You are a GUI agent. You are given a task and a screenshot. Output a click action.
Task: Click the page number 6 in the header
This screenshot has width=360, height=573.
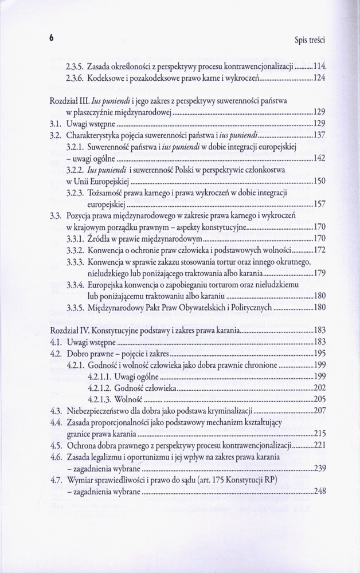point(51,38)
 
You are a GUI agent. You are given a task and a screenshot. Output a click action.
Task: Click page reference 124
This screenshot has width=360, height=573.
point(320,77)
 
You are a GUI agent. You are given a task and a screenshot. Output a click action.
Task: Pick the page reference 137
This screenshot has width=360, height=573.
point(320,135)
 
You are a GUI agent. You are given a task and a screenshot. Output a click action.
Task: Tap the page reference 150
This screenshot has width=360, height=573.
point(320,181)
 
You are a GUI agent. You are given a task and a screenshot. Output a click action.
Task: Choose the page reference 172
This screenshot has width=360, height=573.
point(320,250)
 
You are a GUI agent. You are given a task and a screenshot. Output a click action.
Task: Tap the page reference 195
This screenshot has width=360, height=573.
point(320,354)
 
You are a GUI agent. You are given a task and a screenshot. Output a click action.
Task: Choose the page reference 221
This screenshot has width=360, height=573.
point(320,445)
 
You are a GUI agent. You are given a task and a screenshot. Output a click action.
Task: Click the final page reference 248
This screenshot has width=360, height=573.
point(320,491)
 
